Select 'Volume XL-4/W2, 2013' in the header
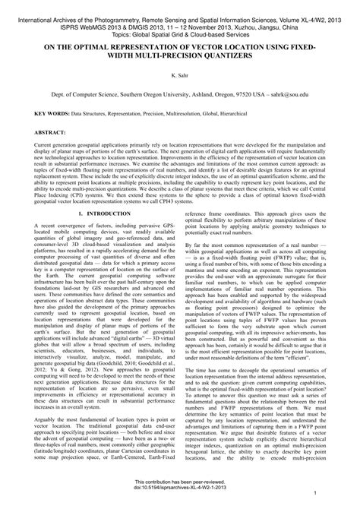[x=308, y=11]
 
